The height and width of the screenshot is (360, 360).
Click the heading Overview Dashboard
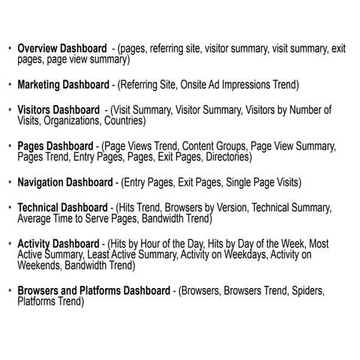62,48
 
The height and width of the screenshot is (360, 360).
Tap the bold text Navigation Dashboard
65,182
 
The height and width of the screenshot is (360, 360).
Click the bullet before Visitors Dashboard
9,109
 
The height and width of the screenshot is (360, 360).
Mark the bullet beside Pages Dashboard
9,145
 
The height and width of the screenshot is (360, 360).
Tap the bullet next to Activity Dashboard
9,244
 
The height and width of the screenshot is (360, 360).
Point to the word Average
35,219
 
